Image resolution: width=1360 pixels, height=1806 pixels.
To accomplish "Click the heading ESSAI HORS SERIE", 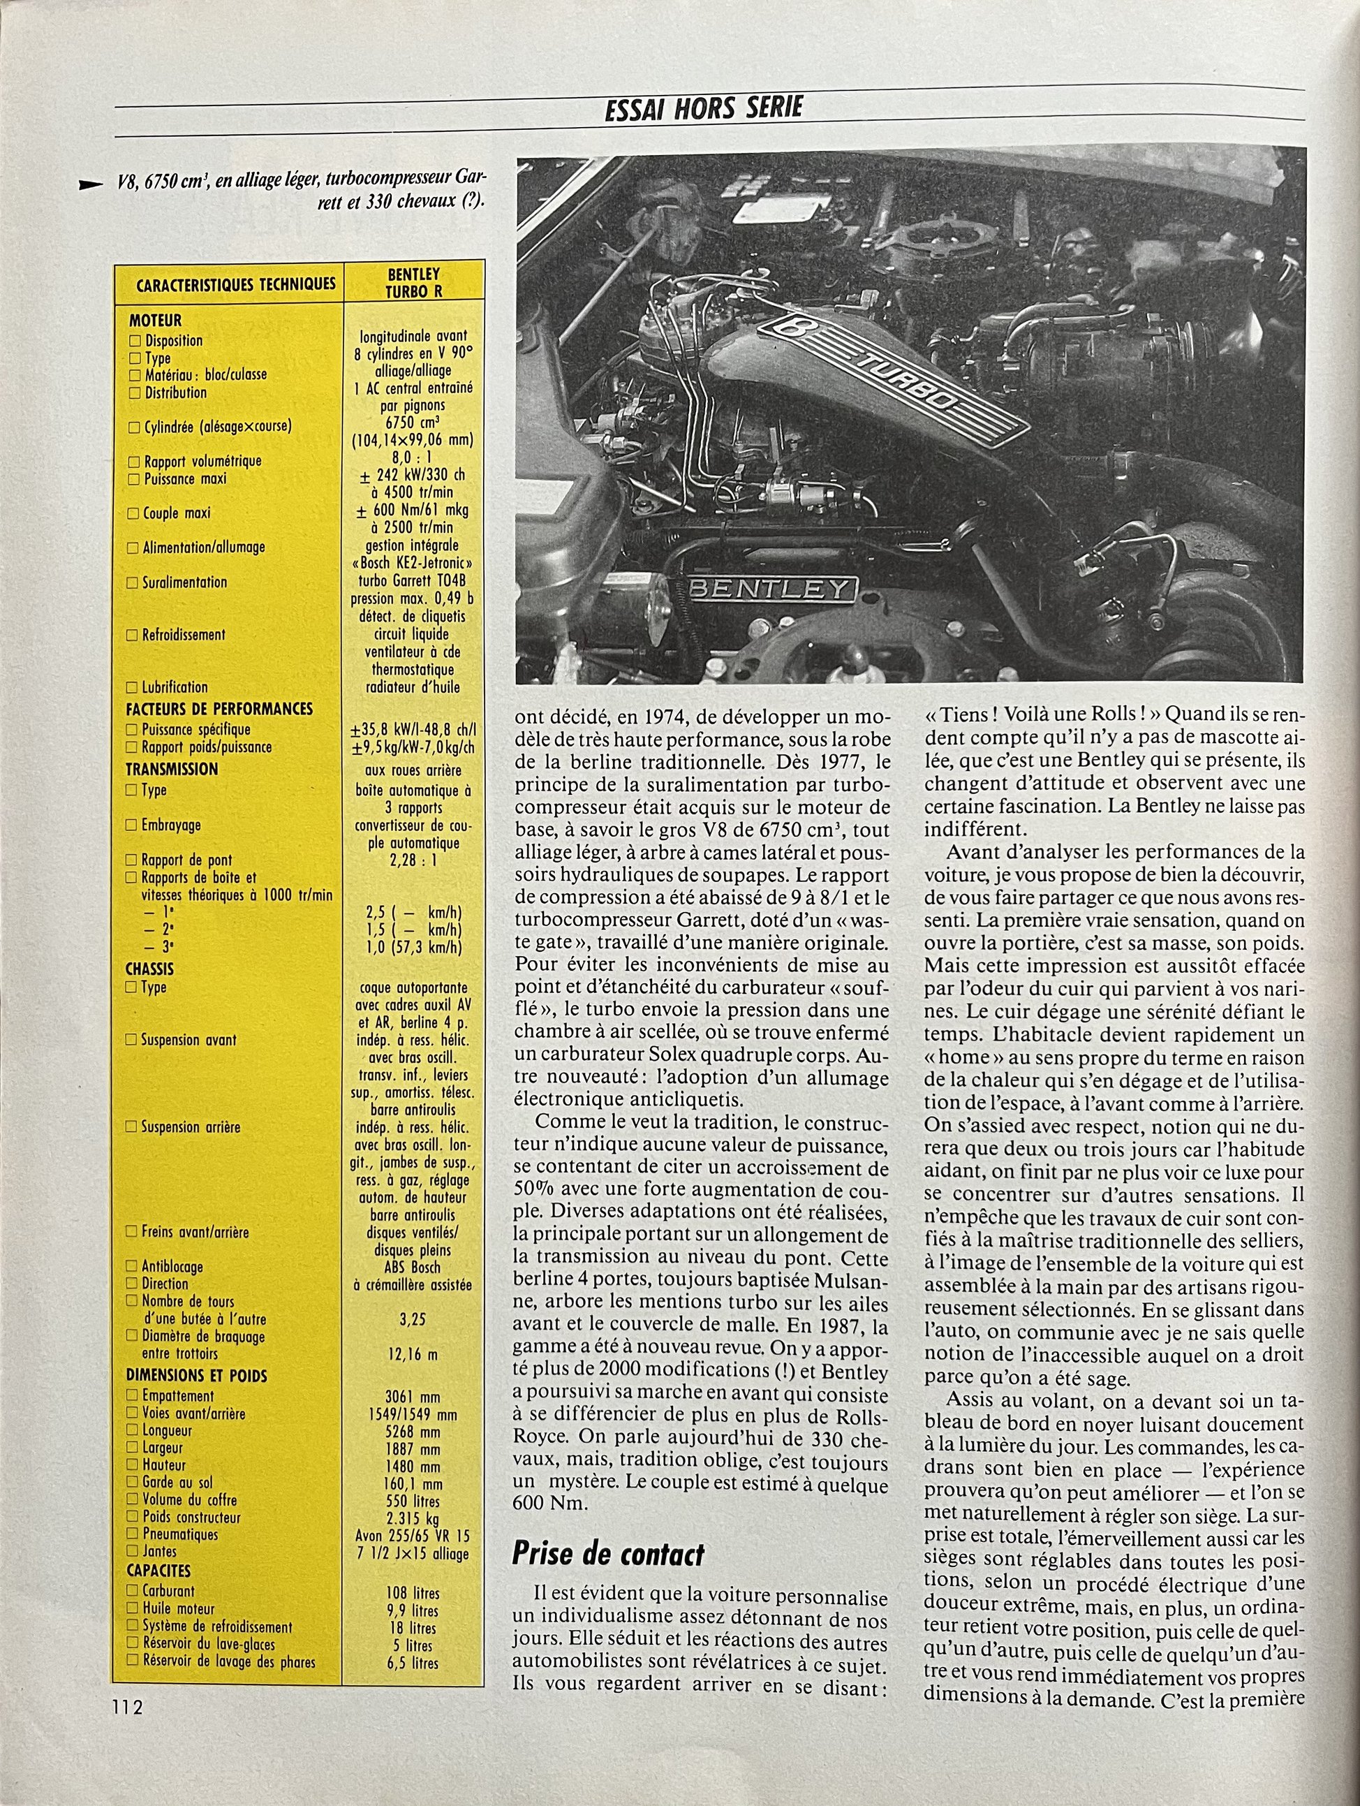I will [704, 108].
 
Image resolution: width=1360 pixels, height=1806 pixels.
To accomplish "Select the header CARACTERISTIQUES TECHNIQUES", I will [236, 284].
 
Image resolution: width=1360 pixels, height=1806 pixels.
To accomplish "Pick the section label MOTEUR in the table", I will [154, 321].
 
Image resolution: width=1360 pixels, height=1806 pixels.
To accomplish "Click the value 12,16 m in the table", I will [411, 1355].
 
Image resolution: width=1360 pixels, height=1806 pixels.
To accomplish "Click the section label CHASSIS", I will [149, 969].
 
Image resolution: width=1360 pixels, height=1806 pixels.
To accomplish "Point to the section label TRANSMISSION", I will [172, 769].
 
